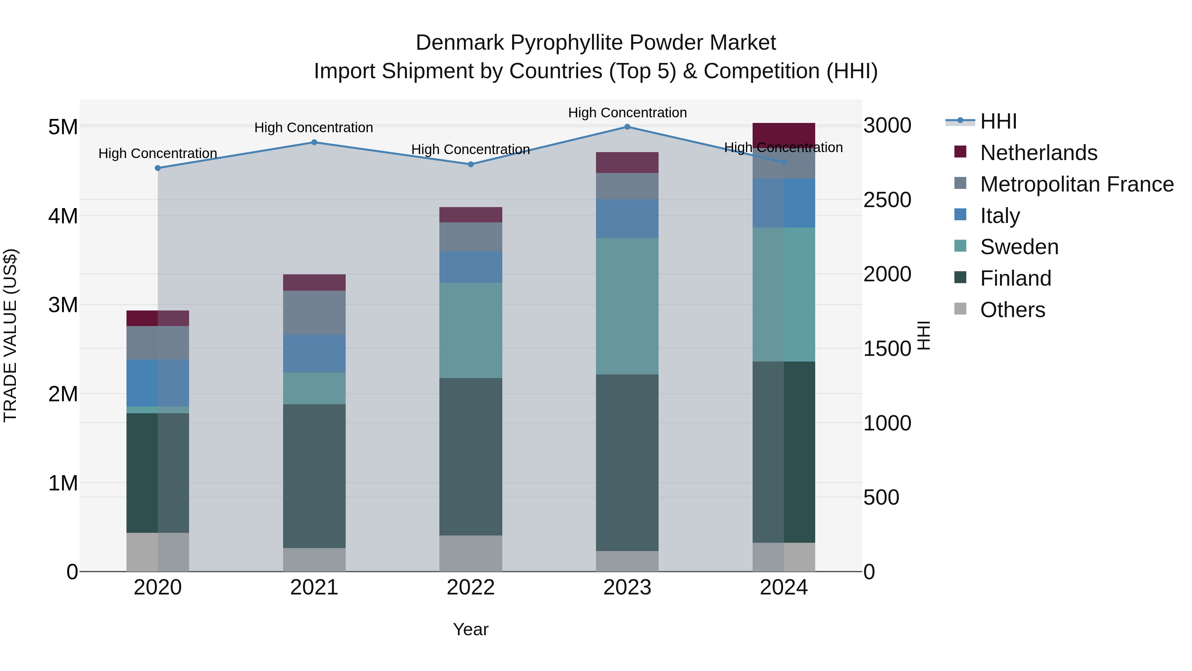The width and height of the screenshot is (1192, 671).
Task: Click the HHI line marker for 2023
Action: point(627,127)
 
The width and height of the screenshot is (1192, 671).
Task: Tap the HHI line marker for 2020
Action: point(158,168)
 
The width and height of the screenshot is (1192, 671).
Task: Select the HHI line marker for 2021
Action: point(314,142)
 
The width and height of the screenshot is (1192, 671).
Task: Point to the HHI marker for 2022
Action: point(471,164)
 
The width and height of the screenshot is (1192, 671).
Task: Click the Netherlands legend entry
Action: point(1038,153)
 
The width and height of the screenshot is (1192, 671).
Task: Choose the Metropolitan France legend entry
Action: point(1076,184)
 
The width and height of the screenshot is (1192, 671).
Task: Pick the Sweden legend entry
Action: point(1019,247)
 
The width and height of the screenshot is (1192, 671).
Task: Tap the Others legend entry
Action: point(1013,310)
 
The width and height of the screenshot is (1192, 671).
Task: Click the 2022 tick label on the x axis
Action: point(471,587)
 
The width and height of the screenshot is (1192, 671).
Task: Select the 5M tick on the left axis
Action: point(63,127)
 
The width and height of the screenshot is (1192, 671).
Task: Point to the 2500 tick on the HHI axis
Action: point(887,200)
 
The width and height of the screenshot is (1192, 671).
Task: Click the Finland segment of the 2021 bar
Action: point(314,476)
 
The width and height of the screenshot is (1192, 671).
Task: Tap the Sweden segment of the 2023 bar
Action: point(627,306)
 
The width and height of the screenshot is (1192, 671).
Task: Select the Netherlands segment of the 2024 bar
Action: point(783,135)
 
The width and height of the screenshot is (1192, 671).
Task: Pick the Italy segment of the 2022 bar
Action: point(471,267)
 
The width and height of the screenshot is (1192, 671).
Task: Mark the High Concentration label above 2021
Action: point(314,128)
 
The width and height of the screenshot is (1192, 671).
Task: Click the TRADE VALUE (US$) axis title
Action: point(10,335)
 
